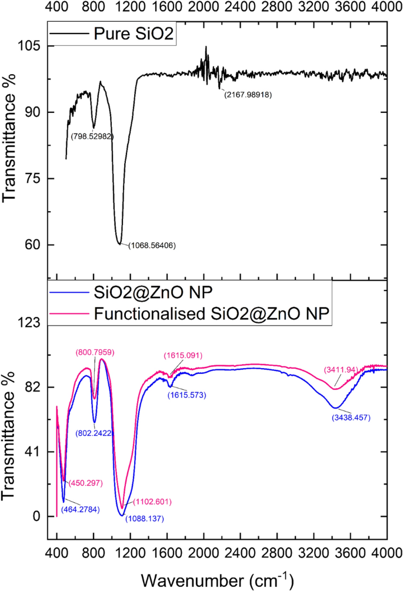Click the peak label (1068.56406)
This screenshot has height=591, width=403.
point(152,245)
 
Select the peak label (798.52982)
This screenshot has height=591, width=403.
point(92,136)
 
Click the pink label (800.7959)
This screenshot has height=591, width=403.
point(95,352)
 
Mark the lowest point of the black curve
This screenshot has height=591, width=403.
point(120,243)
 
